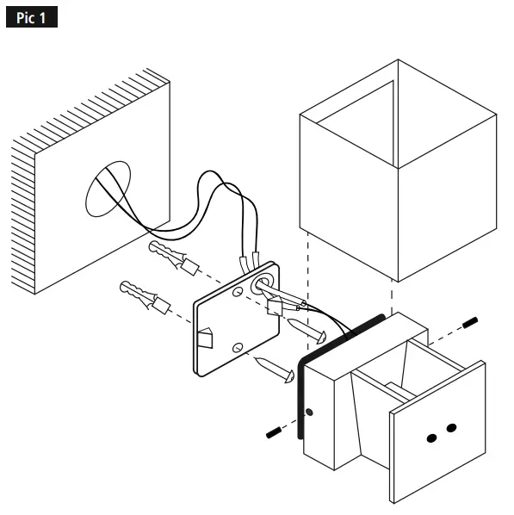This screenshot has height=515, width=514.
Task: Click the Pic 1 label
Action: [x=31, y=18]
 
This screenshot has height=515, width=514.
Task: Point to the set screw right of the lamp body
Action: [x=470, y=323]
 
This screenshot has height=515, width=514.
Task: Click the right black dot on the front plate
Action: [x=451, y=428]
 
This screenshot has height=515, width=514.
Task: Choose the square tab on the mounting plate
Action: [x=207, y=338]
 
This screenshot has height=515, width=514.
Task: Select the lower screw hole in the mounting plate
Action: [x=238, y=347]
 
